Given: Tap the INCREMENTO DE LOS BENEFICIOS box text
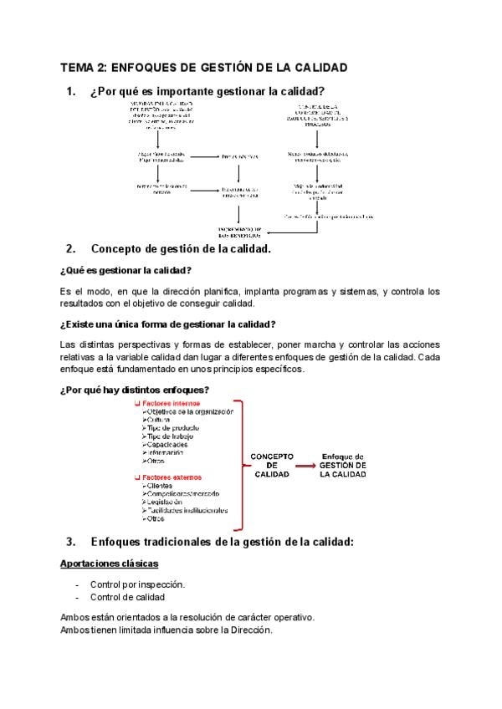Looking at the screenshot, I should click(x=240, y=232).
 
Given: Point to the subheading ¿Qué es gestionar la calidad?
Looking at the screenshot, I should click(x=126, y=270).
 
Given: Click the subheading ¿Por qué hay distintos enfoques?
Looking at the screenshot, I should click(x=135, y=390).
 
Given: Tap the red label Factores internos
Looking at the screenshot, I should click(x=172, y=403).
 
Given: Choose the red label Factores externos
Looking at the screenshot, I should click(x=172, y=477).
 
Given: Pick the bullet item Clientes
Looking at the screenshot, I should click(x=162, y=486).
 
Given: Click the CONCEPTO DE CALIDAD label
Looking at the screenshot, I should click(x=272, y=465).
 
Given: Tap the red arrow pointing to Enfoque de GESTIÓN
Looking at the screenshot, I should click(x=306, y=464).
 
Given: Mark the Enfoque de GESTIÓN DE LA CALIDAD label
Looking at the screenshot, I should click(x=343, y=465).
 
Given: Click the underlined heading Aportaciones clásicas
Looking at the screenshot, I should click(x=110, y=564).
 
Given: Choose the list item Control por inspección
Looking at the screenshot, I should click(x=137, y=584).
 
